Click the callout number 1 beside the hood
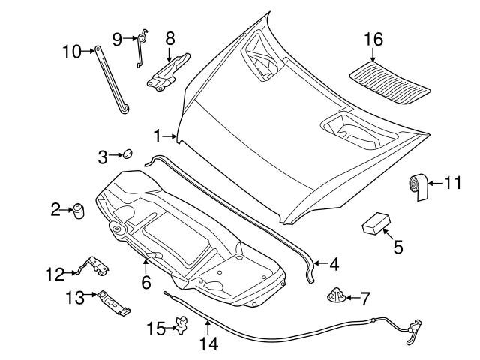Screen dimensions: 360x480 click(x=157, y=136)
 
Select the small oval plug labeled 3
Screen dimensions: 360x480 click(x=127, y=154)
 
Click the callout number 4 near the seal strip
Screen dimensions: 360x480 click(x=333, y=264)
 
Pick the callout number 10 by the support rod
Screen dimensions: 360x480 click(x=70, y=51)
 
